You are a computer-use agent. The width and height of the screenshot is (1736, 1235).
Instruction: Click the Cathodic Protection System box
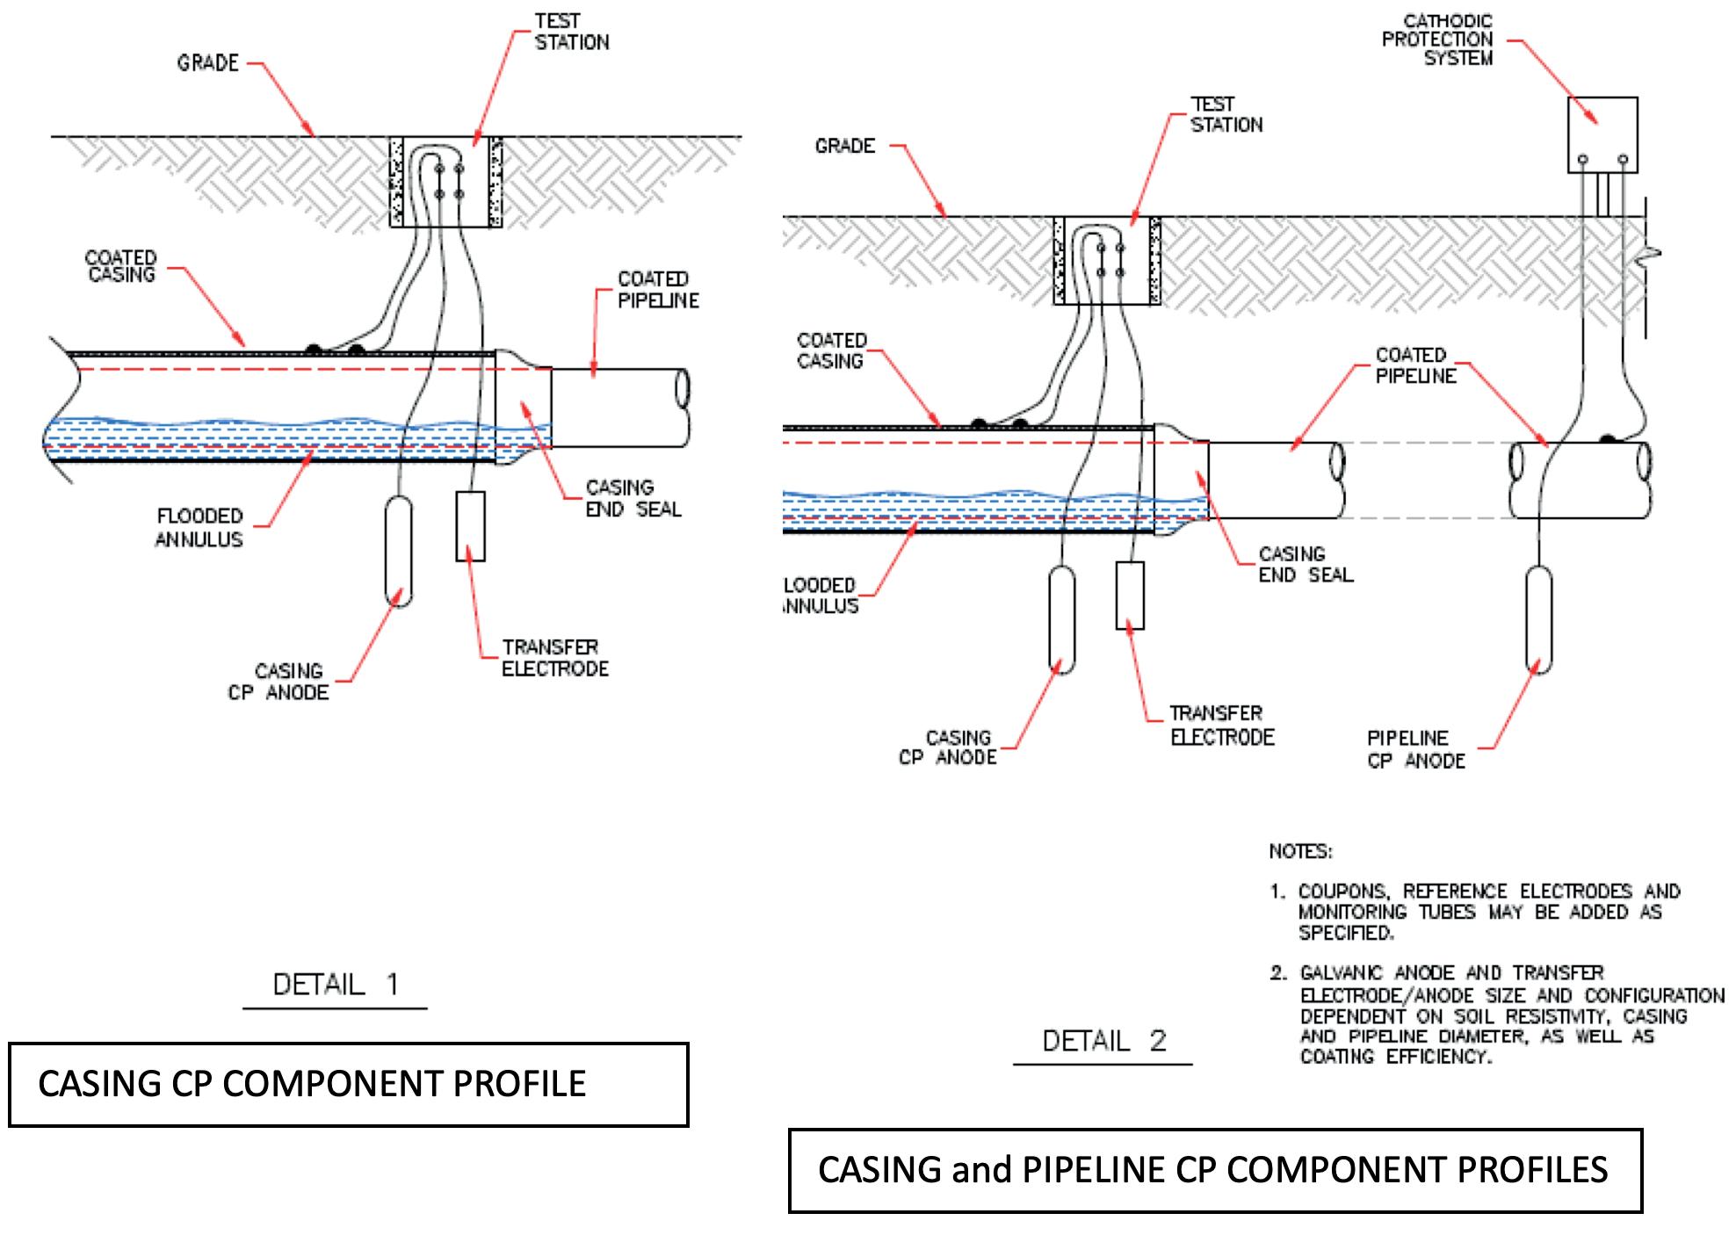1602,134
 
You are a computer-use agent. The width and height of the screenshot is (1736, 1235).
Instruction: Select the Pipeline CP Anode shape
1538,619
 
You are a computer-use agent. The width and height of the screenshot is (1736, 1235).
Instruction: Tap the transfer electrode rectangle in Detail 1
470,525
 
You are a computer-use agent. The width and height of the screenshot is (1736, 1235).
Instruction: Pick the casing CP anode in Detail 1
399,551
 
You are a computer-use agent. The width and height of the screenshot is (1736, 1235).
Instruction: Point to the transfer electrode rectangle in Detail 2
1130,595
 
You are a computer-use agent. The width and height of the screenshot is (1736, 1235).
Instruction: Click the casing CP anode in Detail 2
1062,619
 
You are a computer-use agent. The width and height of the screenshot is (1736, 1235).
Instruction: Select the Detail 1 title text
336,984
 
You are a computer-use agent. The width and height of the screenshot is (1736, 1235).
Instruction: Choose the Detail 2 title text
1103,1041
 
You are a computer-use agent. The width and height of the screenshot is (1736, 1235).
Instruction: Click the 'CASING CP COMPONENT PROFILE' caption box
348,1084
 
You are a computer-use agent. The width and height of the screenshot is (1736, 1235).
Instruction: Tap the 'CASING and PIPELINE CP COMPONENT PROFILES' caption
1214,1170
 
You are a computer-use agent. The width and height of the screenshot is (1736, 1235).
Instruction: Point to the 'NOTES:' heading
1300,851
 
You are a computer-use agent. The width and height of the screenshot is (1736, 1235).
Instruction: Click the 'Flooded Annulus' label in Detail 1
199,527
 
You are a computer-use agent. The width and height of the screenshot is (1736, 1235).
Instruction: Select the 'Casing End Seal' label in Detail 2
1306,564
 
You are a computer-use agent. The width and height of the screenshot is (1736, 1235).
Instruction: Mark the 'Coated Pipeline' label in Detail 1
658,290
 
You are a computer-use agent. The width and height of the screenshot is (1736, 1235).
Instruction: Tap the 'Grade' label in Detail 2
845,146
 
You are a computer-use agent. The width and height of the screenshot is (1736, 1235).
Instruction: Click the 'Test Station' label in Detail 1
571,32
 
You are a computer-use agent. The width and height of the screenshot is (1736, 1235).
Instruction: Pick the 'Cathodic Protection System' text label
1437,40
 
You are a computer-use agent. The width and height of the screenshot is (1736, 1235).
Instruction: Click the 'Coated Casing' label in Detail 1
121,266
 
